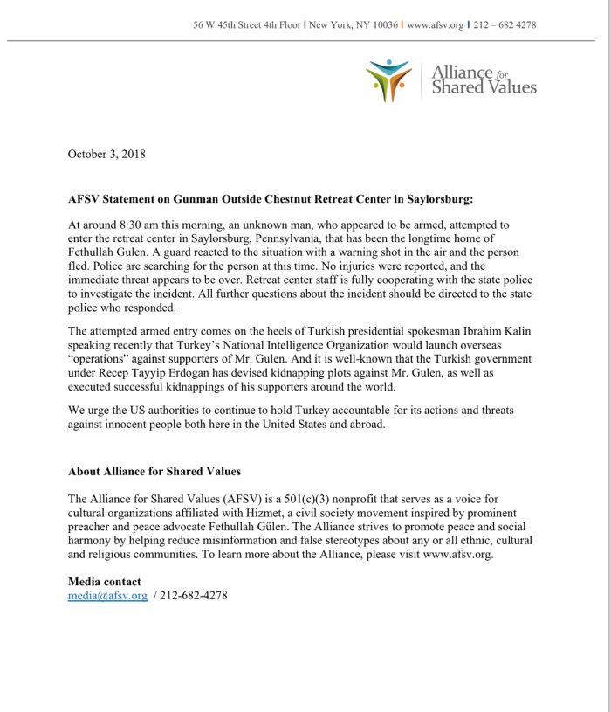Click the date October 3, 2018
tap(106, 155)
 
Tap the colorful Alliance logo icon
tap(388, 81)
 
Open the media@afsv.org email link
tap(107, 596)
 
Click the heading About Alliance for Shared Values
tap(154, 472)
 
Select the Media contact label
tap(104, 582)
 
